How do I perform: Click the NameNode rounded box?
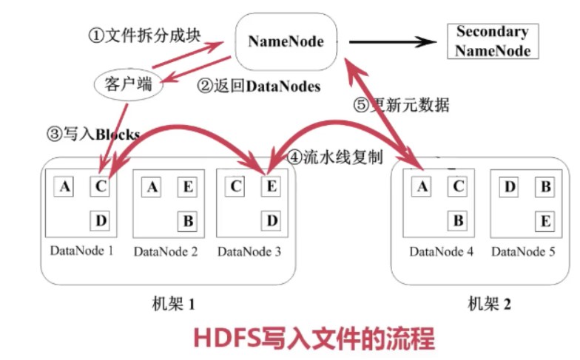pyautogui.click(x=286, y=41)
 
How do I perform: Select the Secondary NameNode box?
pyautogui.click(x=492, y=41)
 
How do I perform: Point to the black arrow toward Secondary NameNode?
pyautogui.click(x=392, y=41)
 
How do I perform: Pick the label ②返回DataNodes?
pyautogui.click(x=258, y=86)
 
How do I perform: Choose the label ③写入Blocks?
pyautogui.click(x=93, y=134)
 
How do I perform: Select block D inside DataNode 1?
pyautogui.click(x=101, y=220)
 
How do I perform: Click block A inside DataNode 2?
pyautogui.click(x=152, y=188)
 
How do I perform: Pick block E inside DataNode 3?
pyautogui.click(x=271, y=188)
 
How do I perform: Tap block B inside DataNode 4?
pyautogui.click(x=458, y=220)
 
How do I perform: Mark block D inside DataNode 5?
pyautogui.click(x=510, y=188)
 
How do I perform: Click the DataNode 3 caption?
pyautogui.click(x=249, y=252)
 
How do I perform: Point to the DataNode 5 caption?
pyautogui.click(x=522, y=252)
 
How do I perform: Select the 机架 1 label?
pyautogui.click(x=172, y=303)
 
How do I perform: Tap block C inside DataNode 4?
pyautogui.click(x=458, y=188)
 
